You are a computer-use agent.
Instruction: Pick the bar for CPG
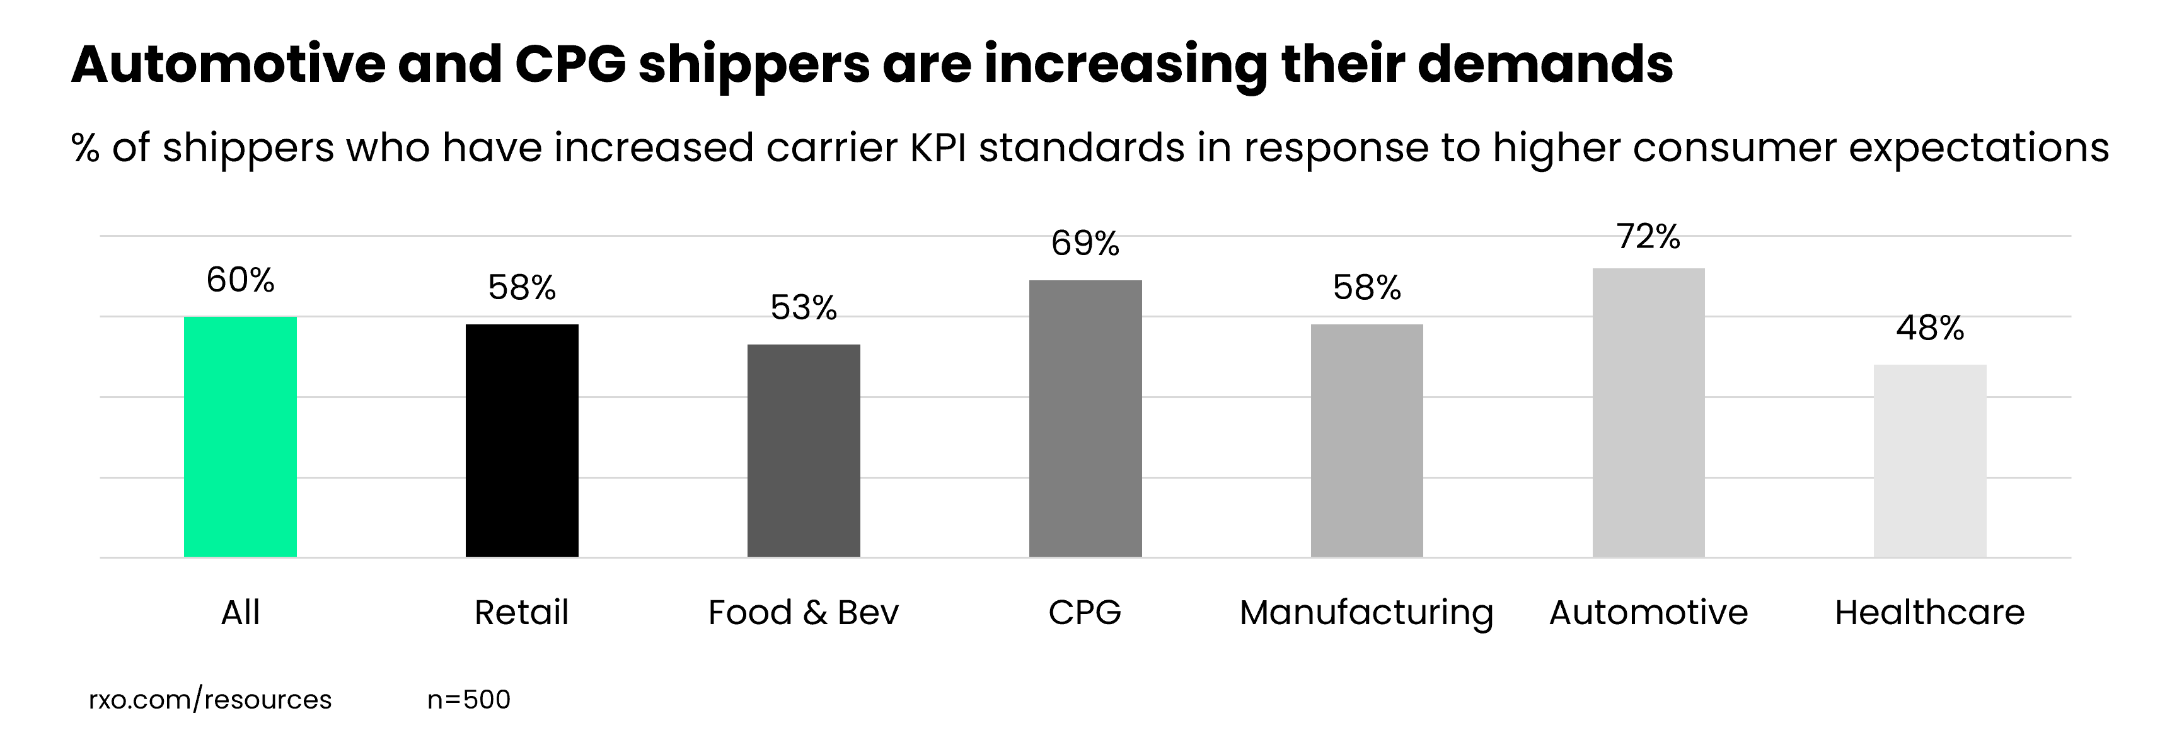click(1085, 418)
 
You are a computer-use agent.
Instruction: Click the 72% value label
click(1648, 237)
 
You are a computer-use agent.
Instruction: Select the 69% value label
click(1085, 244)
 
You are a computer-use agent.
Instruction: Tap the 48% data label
click(1930, 328)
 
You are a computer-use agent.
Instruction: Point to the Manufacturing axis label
click(1366, 613)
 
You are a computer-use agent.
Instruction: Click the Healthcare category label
click(1929, 613)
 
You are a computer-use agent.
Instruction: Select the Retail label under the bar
click(522, 613)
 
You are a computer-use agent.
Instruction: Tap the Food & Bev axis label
click(804, 613)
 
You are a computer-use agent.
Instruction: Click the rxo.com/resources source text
click(210, 700)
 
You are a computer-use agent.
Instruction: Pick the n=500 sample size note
click(469, 700)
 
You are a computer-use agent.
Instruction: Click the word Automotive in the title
click(228, 64)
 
